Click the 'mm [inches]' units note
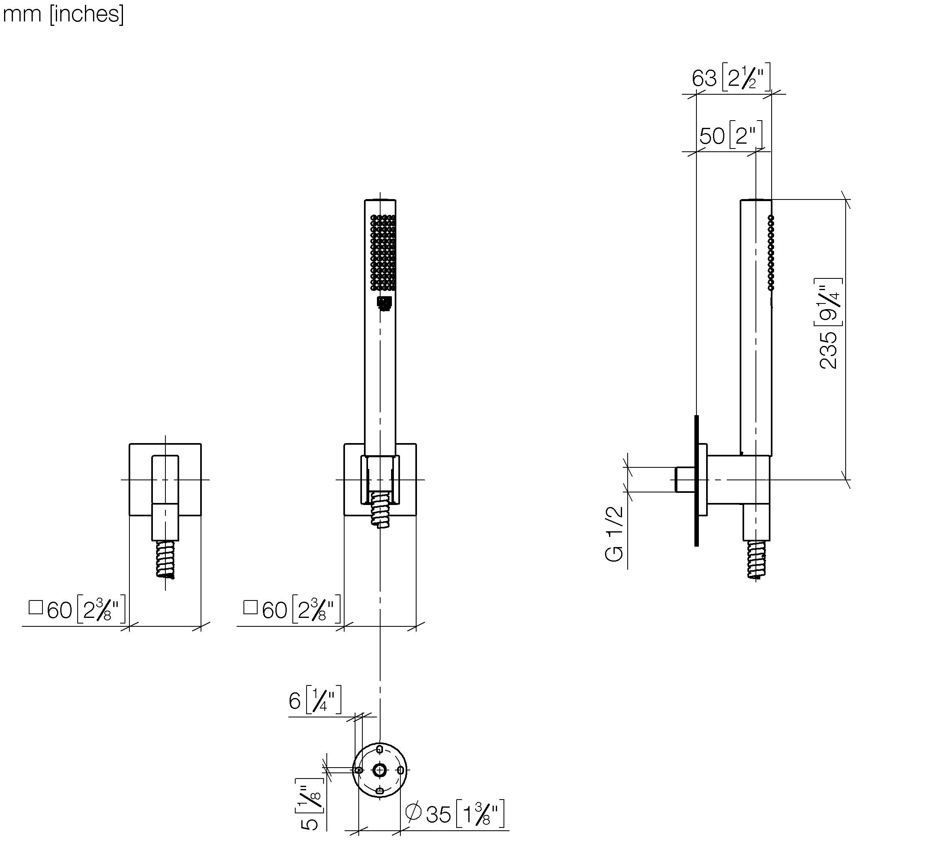tap(63, 15)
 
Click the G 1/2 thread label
tap(614, 533)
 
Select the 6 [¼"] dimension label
tap(314, 701)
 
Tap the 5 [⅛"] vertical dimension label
tap(310, 804)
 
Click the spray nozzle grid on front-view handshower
tap(383, 252)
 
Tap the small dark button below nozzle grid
tap(385, 303)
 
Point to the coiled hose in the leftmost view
tap(165, 559)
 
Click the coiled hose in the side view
tap(756, 559)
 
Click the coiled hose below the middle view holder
tap(381, 509)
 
